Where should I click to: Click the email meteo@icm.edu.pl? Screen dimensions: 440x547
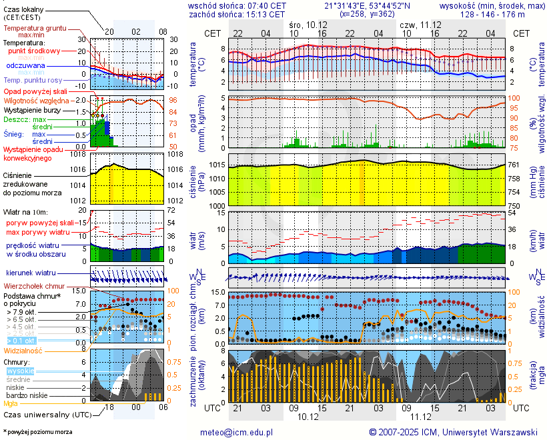pos(237,432)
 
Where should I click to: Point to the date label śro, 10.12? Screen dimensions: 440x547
pos(309,24)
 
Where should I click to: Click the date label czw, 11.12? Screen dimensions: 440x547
pos(418,24)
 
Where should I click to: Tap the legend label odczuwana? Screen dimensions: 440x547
pos(25,66)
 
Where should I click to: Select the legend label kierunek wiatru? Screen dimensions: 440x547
pos(30,273)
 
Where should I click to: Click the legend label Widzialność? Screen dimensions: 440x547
pos(23,349)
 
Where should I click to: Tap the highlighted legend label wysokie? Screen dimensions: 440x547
pos(20,371)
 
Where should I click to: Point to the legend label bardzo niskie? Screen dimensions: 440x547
pos(27,395)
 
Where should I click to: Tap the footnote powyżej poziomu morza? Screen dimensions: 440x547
pos(39,432)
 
